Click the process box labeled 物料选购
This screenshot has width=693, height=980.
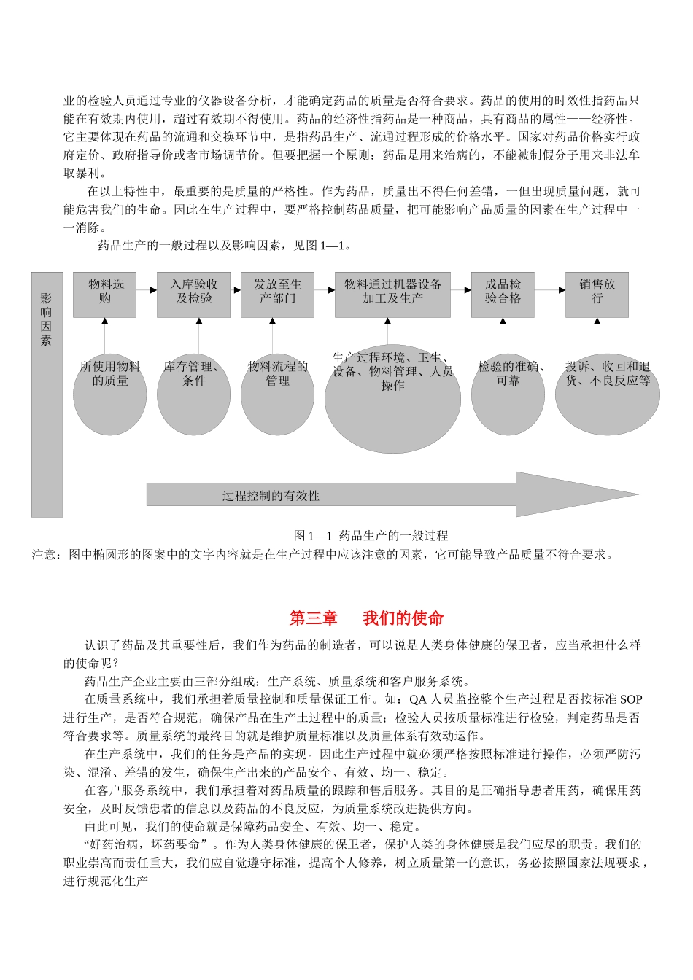[x=104, y=295]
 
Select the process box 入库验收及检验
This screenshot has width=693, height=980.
[x=193, y=295]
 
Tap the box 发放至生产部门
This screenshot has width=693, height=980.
[x=277, y=295]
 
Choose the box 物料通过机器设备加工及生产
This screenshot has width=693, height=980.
[x=392, y=295]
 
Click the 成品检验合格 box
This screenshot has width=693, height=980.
[x=503, y=295]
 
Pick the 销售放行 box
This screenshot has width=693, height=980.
[x=597, y=295]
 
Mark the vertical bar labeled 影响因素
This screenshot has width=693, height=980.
[x=47, y=394]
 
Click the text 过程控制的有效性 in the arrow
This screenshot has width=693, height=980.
[x=271, y=496]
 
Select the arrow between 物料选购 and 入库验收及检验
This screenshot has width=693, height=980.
[x=147, y=289]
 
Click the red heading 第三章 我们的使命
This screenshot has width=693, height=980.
[x=366, y=618]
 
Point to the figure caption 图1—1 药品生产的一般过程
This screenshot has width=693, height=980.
[x=371, y=536]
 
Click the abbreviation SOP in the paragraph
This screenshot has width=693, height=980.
[x=631, y=699]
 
